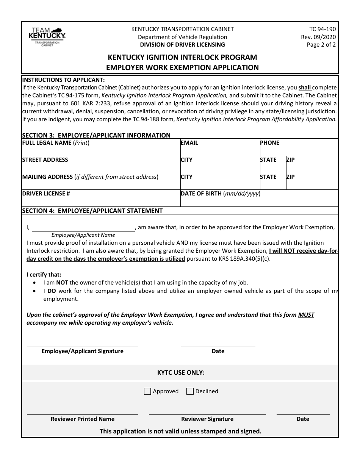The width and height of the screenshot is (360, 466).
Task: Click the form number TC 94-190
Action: pos(322,29)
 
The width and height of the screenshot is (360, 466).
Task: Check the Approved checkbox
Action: pos(148,391)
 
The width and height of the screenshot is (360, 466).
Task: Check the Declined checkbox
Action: pos(190,391)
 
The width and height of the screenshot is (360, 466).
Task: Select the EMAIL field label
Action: pos(189,143)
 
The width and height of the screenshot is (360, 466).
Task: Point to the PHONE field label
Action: pos(269,143)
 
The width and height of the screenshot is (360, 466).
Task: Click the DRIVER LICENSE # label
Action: pos(46,194)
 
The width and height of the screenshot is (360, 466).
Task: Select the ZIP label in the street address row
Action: pos(290,160)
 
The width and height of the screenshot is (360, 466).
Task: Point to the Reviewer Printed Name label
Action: pos(83,419)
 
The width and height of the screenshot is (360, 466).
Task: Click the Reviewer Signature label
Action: pos(207,419)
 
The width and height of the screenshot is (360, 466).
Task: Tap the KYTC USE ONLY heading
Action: pos(181,373)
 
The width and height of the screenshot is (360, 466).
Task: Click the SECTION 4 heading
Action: pos(92,211)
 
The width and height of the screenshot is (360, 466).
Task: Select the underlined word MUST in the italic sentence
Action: pos(306,315)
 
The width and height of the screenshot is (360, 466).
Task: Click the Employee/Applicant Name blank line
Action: pos(83,230)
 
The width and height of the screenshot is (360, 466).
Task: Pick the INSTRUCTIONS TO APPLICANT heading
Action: pos(63,80)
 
